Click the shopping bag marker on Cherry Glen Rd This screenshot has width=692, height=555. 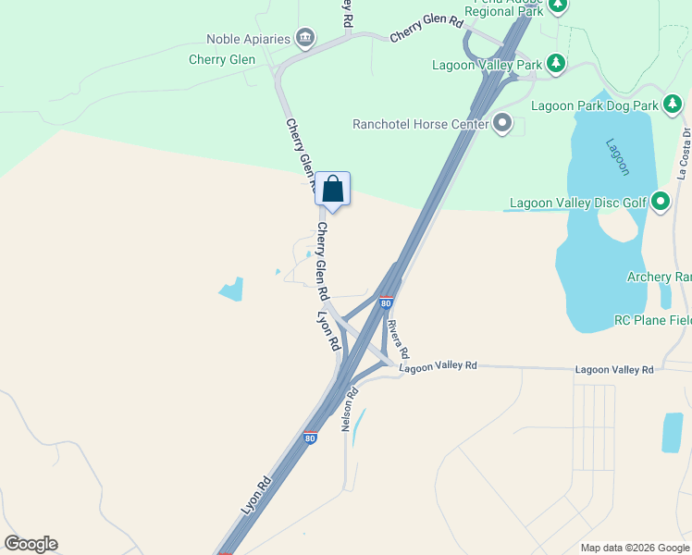[333, 190]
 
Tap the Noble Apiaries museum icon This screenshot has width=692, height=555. [304, 38]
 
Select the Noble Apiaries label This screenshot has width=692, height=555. [247, 39]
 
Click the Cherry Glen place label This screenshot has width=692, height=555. [221, 59]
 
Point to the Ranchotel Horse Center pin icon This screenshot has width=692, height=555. [502, 123]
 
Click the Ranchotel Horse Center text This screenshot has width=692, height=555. [421, 124]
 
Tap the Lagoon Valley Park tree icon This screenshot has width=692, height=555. [556, 64]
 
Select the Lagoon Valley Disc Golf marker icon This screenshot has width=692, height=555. [661, 202]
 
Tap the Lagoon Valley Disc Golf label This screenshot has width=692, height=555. [578, 203]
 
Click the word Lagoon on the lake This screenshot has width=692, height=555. [618, 156]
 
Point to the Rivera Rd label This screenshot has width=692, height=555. [398, 339]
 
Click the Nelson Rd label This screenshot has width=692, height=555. [351, 408]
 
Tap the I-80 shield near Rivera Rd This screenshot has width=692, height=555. [387, 302]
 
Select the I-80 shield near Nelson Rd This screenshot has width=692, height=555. [311, 437]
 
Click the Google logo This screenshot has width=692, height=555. [31, 544]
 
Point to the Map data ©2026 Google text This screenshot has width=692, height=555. [635, 548]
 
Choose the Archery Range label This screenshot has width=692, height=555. [659, 277]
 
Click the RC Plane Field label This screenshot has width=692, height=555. [652, 320]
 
